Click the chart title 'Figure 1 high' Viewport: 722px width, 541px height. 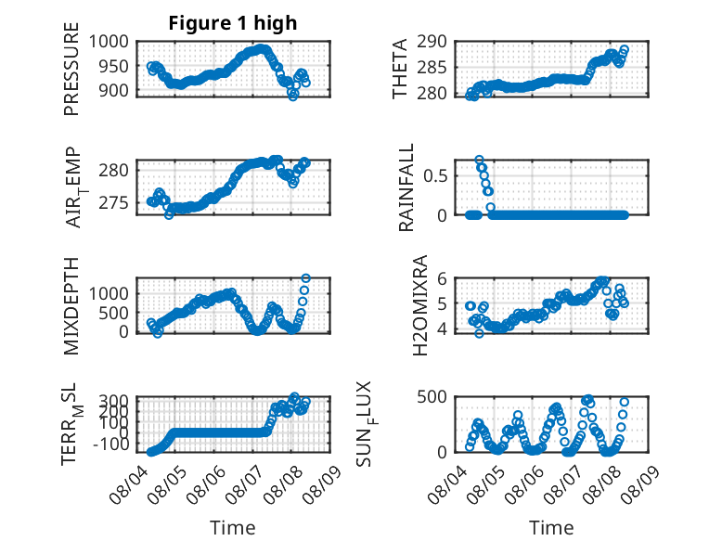[233, 23]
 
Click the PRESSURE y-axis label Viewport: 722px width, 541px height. [71, 69]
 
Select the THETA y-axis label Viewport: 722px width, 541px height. [400, 69]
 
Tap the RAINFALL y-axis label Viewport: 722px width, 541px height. [406, 187]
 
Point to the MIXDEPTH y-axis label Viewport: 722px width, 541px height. [71, 306]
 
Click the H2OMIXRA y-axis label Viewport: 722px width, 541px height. [420, 305]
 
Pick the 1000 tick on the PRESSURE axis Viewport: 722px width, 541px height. [109, 42]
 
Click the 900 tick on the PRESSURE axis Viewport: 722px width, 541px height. [114, 91]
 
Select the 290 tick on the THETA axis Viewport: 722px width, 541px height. [432, 42]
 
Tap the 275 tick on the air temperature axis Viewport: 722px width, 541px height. [114, 203]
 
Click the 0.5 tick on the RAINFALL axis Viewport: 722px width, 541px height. [435, 176]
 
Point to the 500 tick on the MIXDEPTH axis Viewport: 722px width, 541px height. [114, 313]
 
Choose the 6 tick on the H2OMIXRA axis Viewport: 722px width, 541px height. [442, 278]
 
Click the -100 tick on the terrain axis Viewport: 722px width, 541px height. [111, 444]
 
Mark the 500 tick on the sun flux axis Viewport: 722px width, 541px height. [432, 397]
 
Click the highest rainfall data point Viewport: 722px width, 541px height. [480, 160]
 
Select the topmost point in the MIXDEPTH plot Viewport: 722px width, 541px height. [305, 278]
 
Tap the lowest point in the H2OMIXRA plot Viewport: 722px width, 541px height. [480, 333]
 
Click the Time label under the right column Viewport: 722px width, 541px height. [551, 527]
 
